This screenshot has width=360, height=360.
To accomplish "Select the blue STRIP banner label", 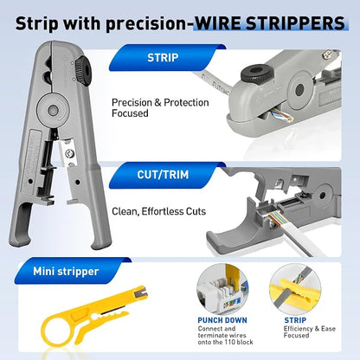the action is click(x=163, y=58).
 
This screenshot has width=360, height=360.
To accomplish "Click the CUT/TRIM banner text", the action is click(x=163, y=175).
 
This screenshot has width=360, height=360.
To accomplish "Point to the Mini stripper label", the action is click(x=66, y=272).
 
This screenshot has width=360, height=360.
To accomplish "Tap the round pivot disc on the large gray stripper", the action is click(x=53, y=110).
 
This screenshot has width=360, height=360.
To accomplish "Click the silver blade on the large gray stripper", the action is click(x=68, y=153).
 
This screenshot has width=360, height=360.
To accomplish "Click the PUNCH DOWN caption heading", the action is click(x=222, y=320).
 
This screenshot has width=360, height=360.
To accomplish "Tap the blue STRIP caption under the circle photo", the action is click(x=295, y=320).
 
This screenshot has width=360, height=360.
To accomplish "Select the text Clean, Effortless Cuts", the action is click(x=158, y=211).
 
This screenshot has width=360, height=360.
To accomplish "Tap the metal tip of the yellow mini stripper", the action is click(x=141, y=292).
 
